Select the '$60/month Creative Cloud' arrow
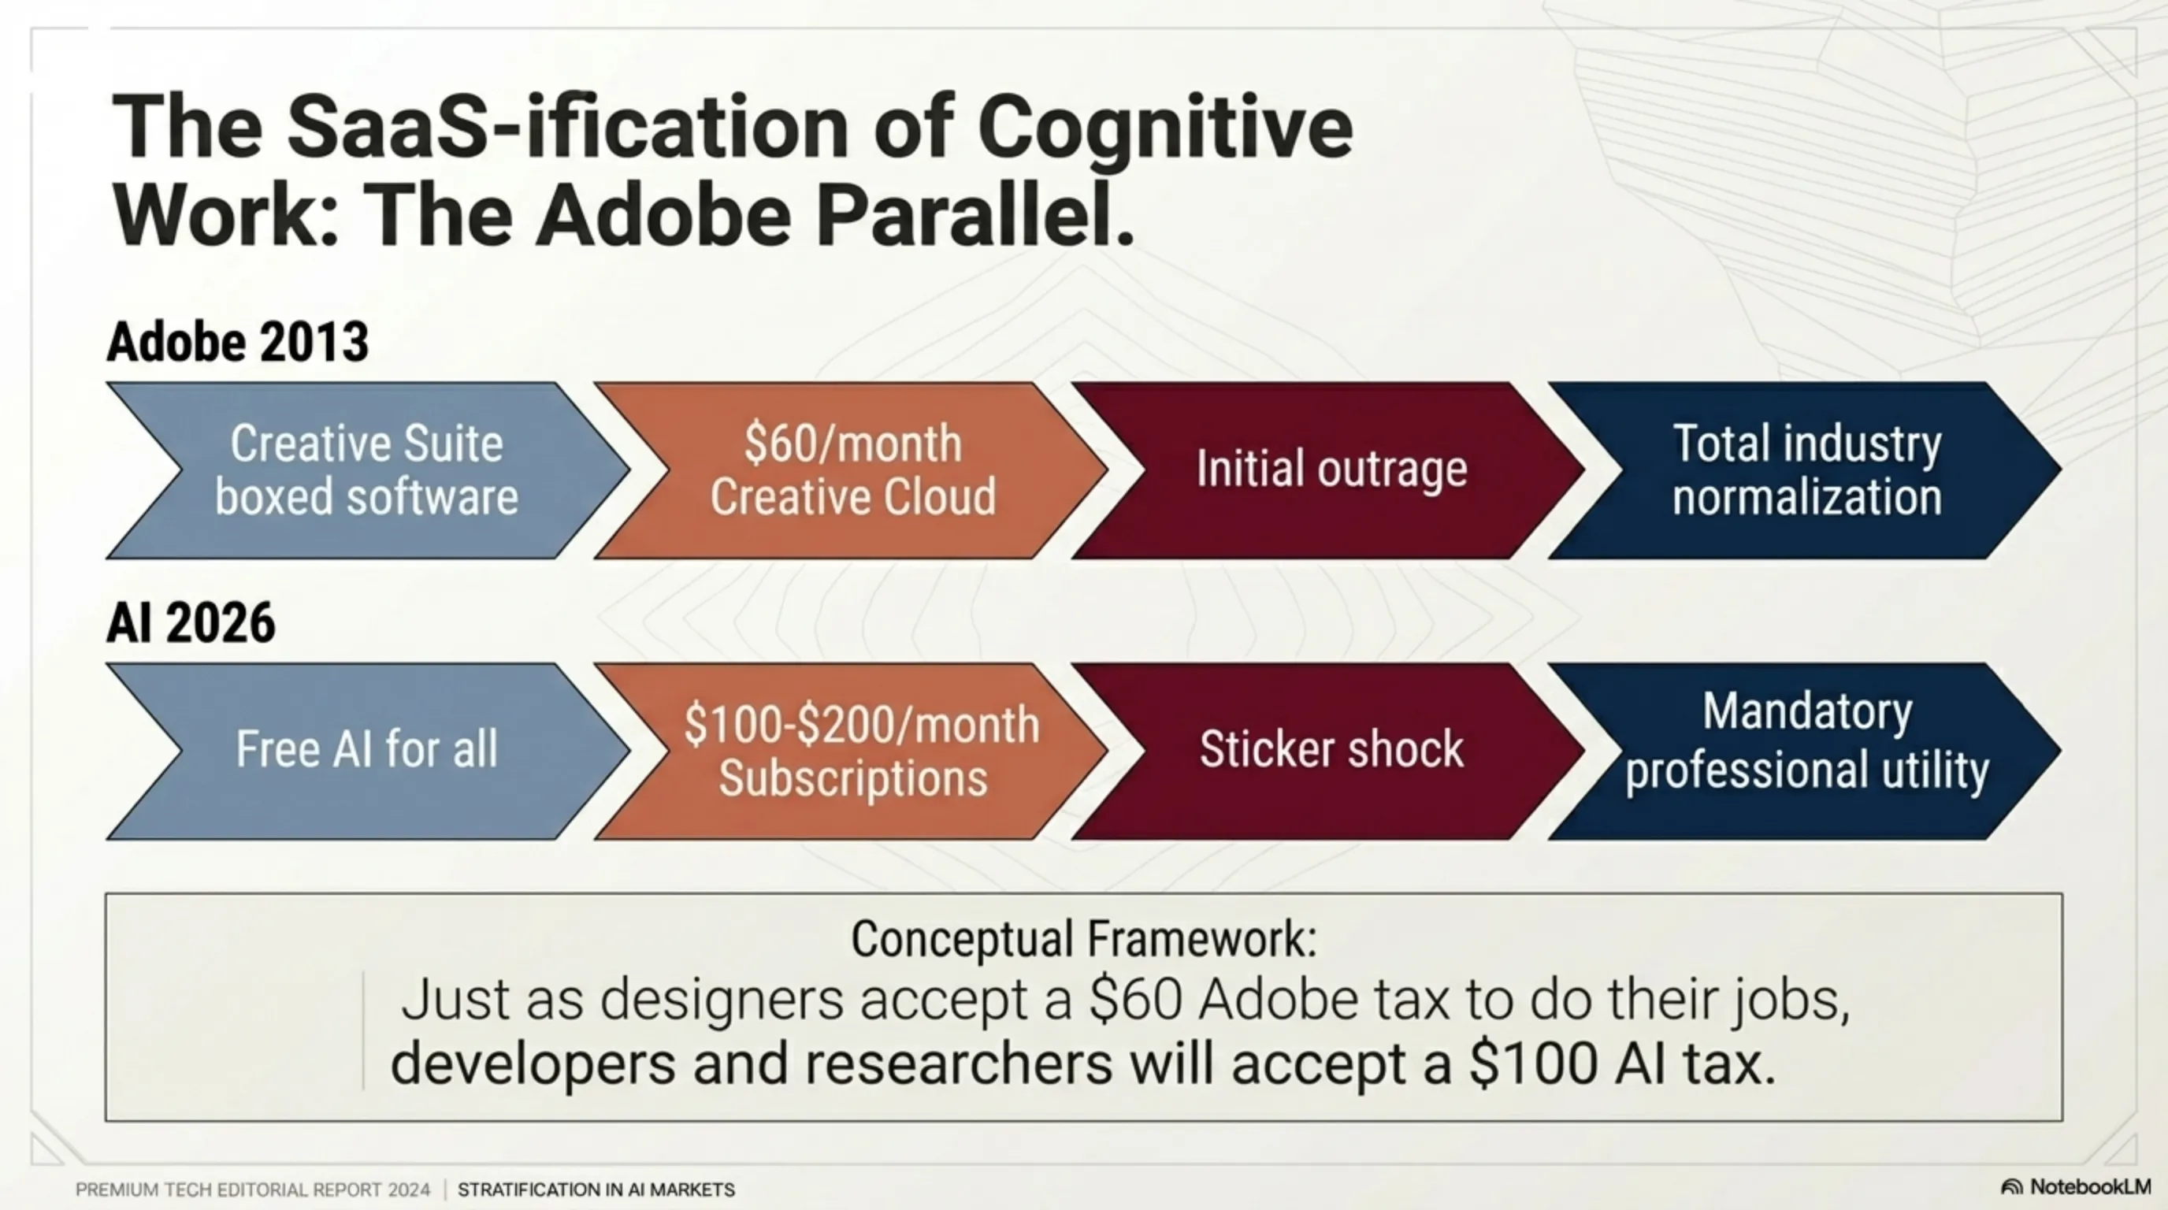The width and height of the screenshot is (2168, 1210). tap(852, 470)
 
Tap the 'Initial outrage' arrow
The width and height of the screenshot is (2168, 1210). tap(1330, 470)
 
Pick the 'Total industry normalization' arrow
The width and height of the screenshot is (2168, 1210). tap(1806, 470)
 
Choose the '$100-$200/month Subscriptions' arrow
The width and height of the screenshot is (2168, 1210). tap(852, 752)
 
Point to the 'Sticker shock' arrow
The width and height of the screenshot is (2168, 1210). tap(1330, 752)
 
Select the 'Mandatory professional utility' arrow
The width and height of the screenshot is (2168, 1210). tap(1806, 752)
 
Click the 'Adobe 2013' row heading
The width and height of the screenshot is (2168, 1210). tap(237, 342)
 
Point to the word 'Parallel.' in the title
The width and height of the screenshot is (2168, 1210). tap(975, 211)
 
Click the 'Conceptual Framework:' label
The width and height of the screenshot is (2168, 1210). tap(1084, 939)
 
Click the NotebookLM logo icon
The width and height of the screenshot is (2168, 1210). tap(2011, 1187)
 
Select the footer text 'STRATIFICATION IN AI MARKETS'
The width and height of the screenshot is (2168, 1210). tap(596, 1190)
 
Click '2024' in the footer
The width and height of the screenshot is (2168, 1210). tap(408, 1190)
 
